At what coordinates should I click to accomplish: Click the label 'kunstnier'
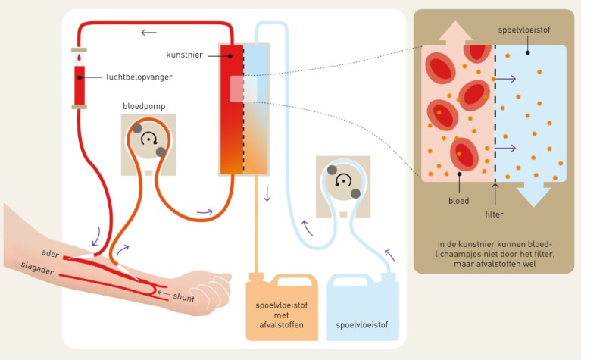184,55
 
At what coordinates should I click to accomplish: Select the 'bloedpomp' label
144,107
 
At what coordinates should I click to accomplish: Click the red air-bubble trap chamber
79,85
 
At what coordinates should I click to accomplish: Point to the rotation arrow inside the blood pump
150,138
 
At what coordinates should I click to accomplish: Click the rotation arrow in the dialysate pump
343,180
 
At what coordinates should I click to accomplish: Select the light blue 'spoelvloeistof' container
361,307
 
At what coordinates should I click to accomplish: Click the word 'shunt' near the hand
183,299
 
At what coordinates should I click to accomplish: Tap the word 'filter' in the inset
495,214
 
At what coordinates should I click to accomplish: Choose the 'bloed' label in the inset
459,202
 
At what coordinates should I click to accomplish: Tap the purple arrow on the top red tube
148,31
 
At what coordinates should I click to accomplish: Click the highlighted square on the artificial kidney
244,89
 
